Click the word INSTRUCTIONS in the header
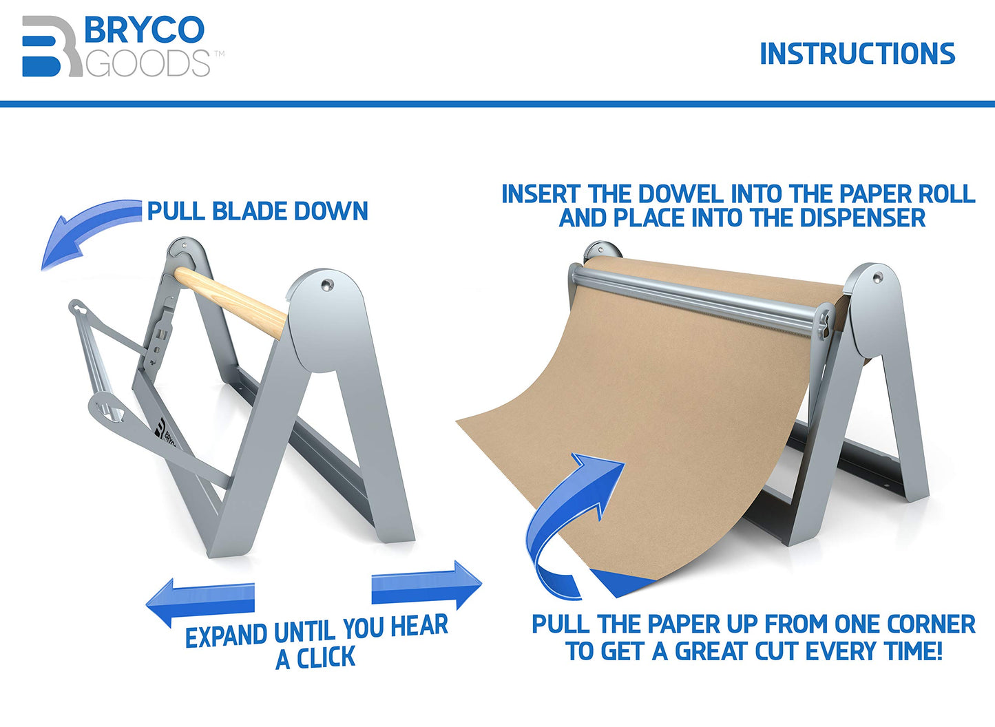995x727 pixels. [x=857, y=54]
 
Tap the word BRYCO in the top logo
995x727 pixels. [x=144, y=30]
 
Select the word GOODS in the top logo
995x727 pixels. [x=147, y=63]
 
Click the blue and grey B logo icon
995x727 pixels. [x=52, y=46]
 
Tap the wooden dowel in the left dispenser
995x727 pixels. [x=230, y=302]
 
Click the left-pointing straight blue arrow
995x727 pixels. [x=200, y=602]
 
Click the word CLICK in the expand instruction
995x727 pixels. [x=326, y=657]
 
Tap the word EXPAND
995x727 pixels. [x=226, y=636]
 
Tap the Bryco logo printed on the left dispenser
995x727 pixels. [x=166, y=432]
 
